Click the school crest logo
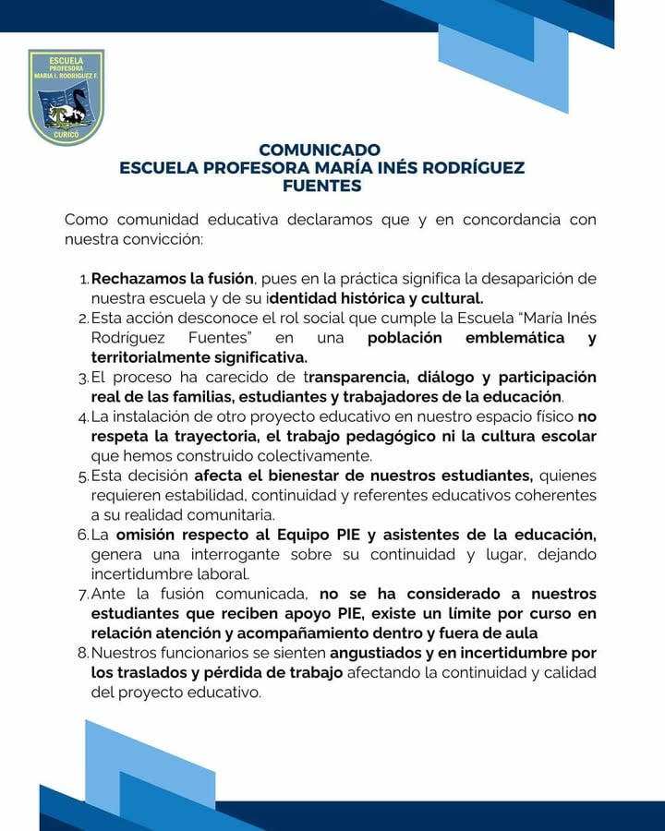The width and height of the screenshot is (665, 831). tap(66, 97)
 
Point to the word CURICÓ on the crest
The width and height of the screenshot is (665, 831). tap(66, 135)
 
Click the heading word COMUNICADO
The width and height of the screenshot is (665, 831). tap(320, 150)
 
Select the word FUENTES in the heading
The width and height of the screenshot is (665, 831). tap(322, 186)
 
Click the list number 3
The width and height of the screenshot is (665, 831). tap(82, 378)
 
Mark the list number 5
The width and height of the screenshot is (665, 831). tap(82, 476)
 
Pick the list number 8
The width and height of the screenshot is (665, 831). tap(82, 653)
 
